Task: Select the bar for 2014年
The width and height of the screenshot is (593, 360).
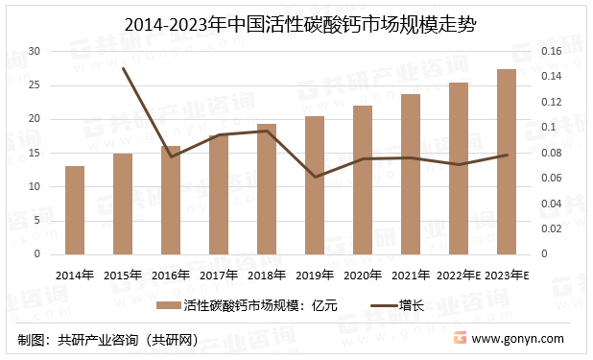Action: [74, 210]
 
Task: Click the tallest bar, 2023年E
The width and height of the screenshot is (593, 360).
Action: [507, 161]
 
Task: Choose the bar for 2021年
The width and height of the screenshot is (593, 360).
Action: [411, 174]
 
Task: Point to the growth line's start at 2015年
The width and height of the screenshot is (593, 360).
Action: [123, 69]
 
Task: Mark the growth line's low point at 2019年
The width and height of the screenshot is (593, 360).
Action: [315, 177]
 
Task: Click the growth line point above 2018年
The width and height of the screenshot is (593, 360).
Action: [267, 131]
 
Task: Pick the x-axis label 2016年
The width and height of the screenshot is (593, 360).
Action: [171, 275]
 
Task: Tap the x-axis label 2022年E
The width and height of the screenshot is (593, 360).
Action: [458, 275]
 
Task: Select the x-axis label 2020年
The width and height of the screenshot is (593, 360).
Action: [363, 275]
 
